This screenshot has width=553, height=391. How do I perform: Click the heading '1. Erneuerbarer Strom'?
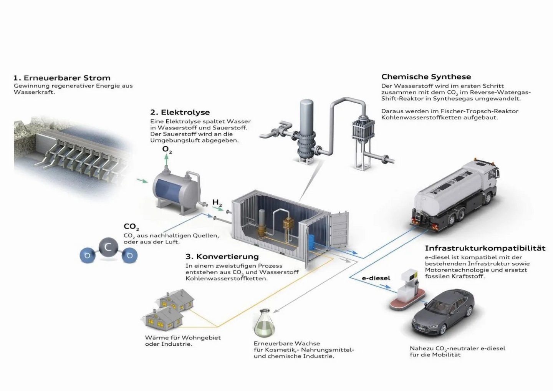click(62, 78)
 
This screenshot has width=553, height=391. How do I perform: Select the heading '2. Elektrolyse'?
click(180, 112)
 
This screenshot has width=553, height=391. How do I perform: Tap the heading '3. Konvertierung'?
click(222, 256)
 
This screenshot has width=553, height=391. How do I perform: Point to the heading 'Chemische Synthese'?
click(426, 76)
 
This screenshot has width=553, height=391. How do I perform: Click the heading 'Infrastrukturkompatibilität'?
click(485, 248)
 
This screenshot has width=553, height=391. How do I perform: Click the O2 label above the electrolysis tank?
click(167, 149)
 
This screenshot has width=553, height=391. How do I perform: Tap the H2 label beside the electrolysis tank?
click(217, 202)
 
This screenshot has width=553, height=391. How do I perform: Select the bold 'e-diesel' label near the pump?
click(376, 278)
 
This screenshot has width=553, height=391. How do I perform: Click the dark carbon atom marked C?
click(108, 247)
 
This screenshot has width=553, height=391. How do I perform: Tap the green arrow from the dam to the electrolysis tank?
click(142, 180)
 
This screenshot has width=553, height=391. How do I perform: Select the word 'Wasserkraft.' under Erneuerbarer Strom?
click(34, 92)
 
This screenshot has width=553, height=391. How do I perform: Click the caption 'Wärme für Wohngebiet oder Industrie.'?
click(183, 341)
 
